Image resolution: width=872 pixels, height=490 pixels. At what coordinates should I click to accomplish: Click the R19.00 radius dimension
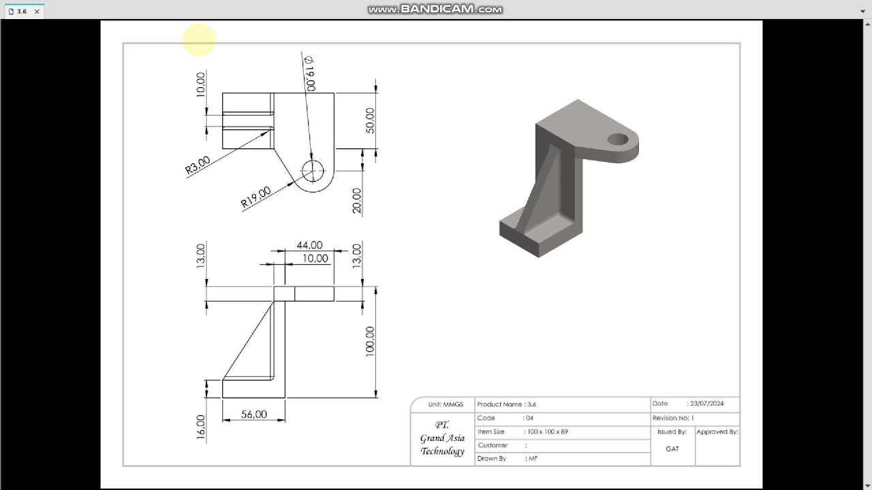click(x=255, y=197)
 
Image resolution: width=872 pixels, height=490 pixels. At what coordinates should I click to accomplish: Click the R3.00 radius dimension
click(x=198, y=165)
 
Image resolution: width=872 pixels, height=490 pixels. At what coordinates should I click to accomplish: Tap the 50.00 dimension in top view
click(x=370, y=120)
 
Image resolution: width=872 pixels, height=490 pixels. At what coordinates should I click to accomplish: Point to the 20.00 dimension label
click(x=356, y=201)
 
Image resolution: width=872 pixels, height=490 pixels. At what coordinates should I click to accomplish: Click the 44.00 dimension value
click(x=309, y=245)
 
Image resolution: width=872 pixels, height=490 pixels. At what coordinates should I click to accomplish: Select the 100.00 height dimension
click(x=370, y=341)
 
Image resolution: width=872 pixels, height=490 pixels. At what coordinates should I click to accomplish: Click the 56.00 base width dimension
click(x=253, y=414)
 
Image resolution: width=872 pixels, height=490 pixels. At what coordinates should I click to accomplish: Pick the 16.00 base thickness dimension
click(x=201, y=427)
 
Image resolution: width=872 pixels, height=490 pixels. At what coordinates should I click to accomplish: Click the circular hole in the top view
click(x=313, y=171)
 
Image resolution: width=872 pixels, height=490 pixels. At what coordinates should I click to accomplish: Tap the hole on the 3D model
click(x=618, y=140)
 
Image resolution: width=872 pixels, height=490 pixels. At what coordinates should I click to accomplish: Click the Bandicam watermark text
click(x=435, y=10)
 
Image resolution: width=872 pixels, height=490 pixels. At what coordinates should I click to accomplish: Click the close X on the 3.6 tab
click(x=37, y=12)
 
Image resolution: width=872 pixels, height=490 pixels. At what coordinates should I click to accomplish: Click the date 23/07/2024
click(x=706, y=404)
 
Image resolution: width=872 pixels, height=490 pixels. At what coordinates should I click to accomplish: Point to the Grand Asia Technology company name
click(x=442, y=438)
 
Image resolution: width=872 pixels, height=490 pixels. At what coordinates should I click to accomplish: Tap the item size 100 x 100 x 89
click(x=547, y=431)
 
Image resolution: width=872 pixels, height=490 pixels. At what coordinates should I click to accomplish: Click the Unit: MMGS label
click(x=445, y=404)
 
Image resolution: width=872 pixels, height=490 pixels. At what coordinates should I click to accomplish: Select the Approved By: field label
click(x=717, y=431)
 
